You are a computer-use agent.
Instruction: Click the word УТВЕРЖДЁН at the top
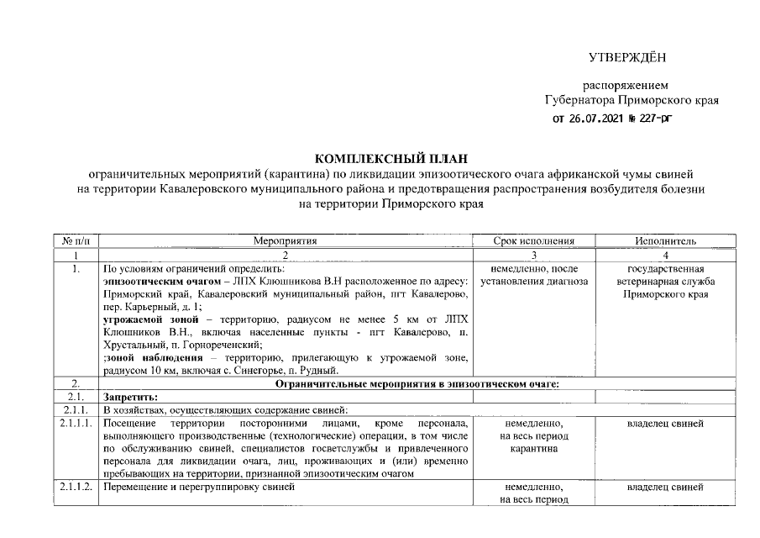pos(626,57)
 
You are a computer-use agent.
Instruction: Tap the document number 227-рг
pos(655,119)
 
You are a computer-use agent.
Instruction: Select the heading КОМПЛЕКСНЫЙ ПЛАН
pos(390,157)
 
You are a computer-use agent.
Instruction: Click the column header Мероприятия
pos(286,241)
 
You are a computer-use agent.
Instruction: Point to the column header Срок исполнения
pos(534,241)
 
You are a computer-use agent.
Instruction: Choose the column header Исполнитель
pos(664,241)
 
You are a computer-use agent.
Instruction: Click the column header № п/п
pos(76,241)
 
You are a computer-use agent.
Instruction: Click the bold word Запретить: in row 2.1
pos(129,397)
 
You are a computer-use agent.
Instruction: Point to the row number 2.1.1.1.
pos(76,424)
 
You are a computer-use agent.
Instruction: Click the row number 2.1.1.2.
pos(76,488)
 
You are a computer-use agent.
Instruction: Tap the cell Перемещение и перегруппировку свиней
pos(199,488)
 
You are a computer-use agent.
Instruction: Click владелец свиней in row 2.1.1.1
pos(664,424)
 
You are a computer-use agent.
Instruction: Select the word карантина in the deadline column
pos(534,449)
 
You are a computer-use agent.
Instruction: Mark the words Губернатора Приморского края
pos(632,101)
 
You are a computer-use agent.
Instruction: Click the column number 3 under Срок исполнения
pos(534,255)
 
